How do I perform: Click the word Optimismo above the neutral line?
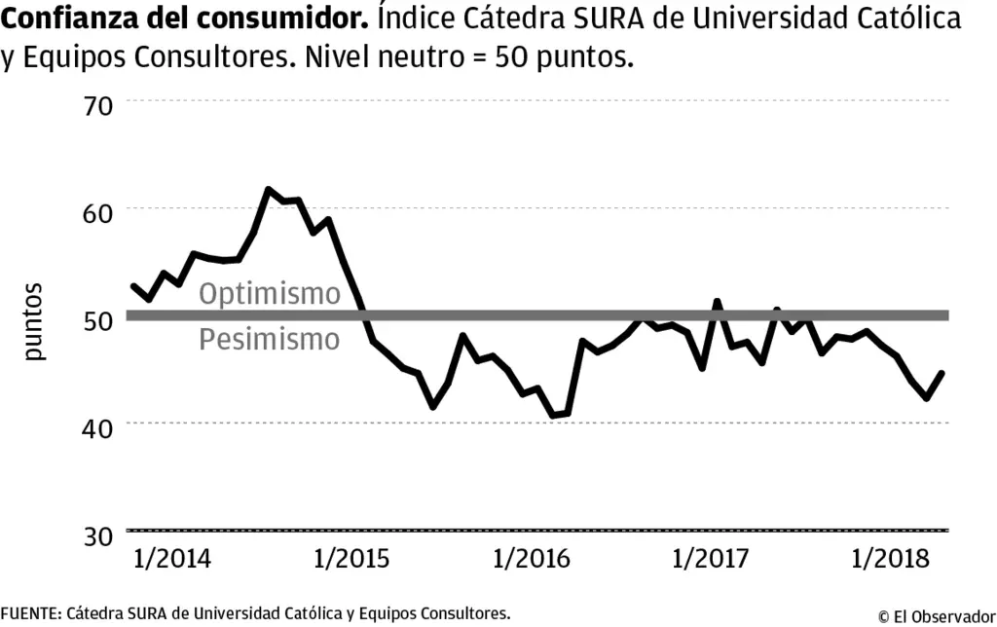pos(270,294)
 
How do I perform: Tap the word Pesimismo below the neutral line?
pos(270,340)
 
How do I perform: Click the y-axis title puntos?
pos(36,321)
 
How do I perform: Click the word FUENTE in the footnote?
pos(30,613)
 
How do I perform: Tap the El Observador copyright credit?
pos(936,615)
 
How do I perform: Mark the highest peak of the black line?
pos(268,189)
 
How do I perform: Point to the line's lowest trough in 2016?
pos(552,416)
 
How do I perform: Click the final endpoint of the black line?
pos(942,373)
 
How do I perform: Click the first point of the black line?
pos(132,285)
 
